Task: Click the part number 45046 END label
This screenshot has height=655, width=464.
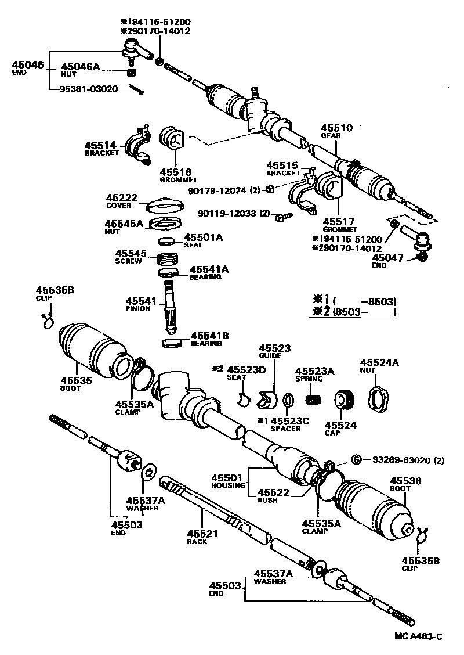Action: click(x=27, y=67)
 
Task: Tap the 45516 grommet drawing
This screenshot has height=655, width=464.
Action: click(x=171, y=140)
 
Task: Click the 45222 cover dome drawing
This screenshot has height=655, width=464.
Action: click(x=164, y=206)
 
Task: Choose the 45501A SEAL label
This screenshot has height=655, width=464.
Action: click(x=203, y=240)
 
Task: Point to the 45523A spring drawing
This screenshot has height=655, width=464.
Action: click(x=314, y=400)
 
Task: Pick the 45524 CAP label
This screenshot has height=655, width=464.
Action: click(x=337, y=427)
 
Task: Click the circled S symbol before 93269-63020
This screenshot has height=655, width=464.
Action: click(x=357, y=460)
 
